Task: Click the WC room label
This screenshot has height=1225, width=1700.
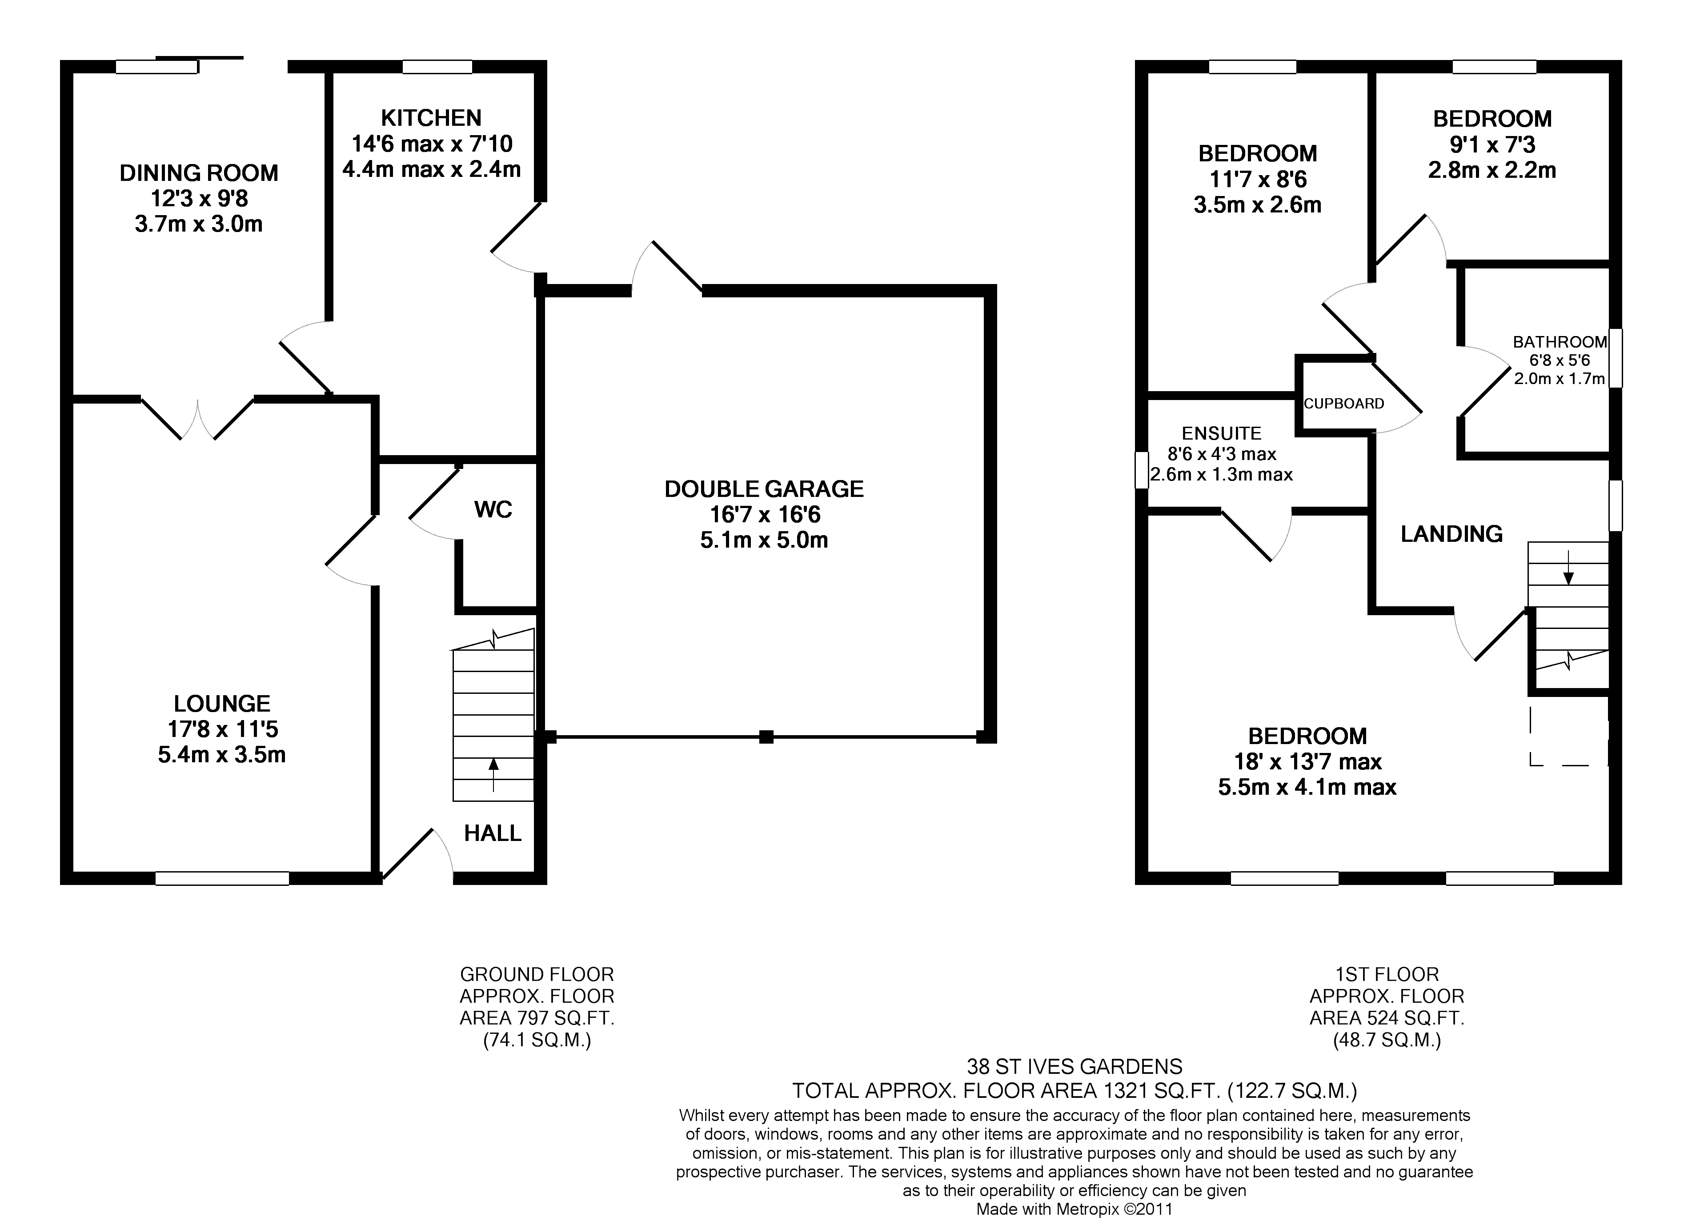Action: pos(493,510)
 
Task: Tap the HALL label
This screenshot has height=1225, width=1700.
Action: pos(493,833)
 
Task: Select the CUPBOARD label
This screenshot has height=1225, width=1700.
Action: pos(1344,404)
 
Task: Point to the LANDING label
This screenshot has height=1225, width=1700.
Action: pos(1452,534)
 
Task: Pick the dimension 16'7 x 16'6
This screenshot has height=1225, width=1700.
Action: pos(765,515)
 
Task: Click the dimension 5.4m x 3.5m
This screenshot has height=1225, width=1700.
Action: pos(222,754)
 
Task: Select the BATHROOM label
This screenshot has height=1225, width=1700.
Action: pos(1560,342)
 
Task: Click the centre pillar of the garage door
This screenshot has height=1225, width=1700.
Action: pos(766,737)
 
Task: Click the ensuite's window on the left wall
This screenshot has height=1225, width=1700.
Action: pos(1142,470)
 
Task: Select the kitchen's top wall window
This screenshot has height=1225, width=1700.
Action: pos(437,67)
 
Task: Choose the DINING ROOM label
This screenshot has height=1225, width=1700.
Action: pos(199,173)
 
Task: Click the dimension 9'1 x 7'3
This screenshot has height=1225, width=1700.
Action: pos(1492,144)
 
